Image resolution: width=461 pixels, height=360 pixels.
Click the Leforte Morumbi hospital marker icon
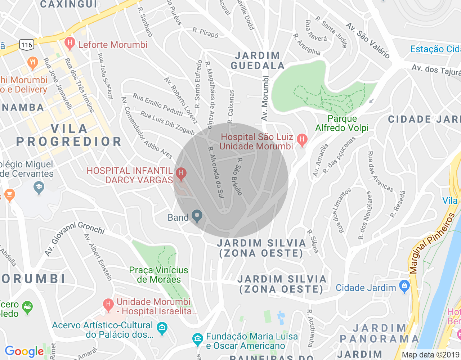70,44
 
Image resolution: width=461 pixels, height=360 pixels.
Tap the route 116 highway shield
27,45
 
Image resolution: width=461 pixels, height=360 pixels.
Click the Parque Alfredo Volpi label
342,123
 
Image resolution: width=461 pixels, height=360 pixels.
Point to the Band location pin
197,216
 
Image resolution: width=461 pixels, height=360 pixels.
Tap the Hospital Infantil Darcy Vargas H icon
181,174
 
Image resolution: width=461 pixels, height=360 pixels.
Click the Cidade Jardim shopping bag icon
404,287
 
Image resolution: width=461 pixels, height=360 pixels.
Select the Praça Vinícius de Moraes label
158,275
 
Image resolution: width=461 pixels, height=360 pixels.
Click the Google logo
24,351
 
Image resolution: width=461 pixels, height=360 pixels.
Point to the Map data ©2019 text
431,355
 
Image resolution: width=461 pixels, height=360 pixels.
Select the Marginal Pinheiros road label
431,244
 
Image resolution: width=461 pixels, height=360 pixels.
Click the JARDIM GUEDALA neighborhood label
258,60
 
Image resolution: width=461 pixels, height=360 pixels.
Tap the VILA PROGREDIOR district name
69,135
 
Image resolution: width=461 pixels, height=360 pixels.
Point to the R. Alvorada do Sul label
216,172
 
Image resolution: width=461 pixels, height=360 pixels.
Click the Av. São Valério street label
367,40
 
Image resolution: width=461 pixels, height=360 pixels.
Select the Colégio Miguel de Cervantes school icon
39,187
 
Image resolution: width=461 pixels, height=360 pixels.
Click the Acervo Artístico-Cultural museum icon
162,328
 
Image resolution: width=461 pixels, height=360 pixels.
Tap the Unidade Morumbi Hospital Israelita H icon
108,305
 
